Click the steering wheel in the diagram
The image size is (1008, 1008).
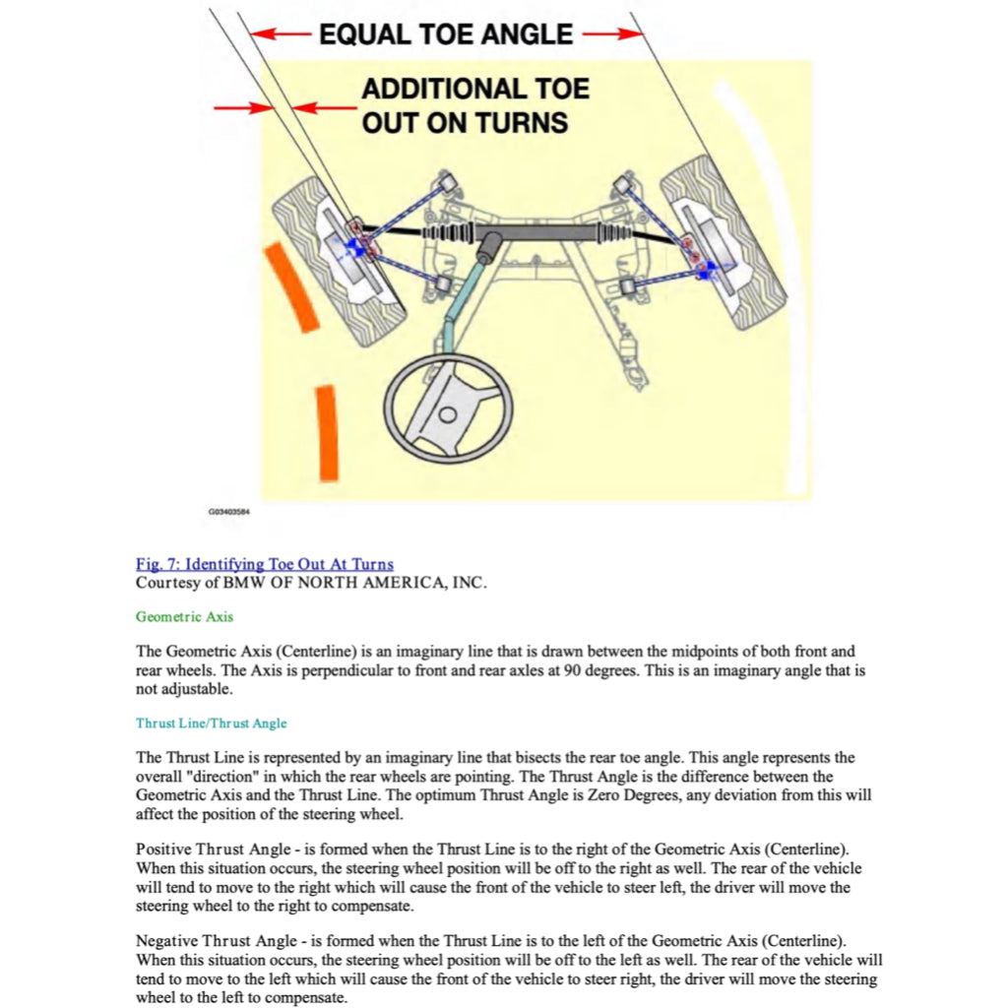tap(447, 408)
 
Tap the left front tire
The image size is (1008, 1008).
tap(337, 260)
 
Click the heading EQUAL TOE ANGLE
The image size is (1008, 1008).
tap(445, 34)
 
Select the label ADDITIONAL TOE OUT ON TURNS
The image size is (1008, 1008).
tap(474, 105)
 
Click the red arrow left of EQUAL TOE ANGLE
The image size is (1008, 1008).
tap(282, 34)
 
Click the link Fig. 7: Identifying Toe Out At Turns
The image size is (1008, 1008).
tap(264, 564)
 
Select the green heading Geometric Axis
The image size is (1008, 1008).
tap(184, 617)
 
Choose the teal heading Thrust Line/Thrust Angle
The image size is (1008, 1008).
tap(211, 724)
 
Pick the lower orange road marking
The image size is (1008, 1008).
tap(326, 432)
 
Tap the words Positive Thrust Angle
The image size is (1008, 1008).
tap(206, 849)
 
